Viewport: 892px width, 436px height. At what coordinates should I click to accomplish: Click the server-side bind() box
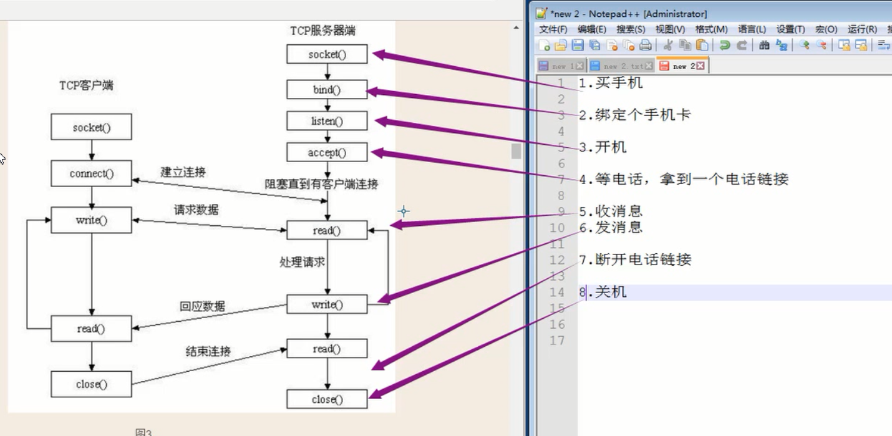click(x=327, y=90)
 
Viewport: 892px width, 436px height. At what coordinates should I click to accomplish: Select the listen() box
click(x=327, y=121)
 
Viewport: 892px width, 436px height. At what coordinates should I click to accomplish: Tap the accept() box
click(x=327, y=152)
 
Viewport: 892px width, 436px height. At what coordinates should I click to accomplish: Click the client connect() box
click(x=91, y=173)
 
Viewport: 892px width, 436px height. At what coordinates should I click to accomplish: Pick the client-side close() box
click(x=91, y=384)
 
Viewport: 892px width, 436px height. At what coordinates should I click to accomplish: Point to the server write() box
click(x=327, y=304)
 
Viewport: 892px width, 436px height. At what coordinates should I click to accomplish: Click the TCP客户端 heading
click(x=86, y=85)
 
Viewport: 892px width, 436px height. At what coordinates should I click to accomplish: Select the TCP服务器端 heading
click(x=323, y=31)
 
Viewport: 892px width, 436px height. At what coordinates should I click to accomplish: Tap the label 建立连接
click(x=183, y=172)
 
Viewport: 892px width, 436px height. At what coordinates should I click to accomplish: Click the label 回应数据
click(x=202, y=306)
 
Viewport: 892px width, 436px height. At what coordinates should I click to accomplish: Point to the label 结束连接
click(x=208, y=351)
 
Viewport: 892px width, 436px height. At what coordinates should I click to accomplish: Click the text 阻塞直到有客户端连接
click(x=321, y=184)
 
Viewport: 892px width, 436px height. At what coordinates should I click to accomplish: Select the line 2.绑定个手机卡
click(x=635, y=115)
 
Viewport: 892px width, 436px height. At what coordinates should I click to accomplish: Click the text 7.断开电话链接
click(x=635, y=259)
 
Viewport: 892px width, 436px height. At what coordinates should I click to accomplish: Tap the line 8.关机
click(x=603, y=292)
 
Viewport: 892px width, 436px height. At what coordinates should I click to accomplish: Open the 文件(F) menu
click(x=553, y=29)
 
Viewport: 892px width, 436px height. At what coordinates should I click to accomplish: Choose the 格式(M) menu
click(x=711, y=29)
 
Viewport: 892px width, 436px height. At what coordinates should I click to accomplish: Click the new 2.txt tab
click(x=623, y=65)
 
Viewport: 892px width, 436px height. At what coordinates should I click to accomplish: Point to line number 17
click(x=556, y=340)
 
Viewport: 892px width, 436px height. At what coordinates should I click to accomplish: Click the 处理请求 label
click(x=302, y=262)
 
